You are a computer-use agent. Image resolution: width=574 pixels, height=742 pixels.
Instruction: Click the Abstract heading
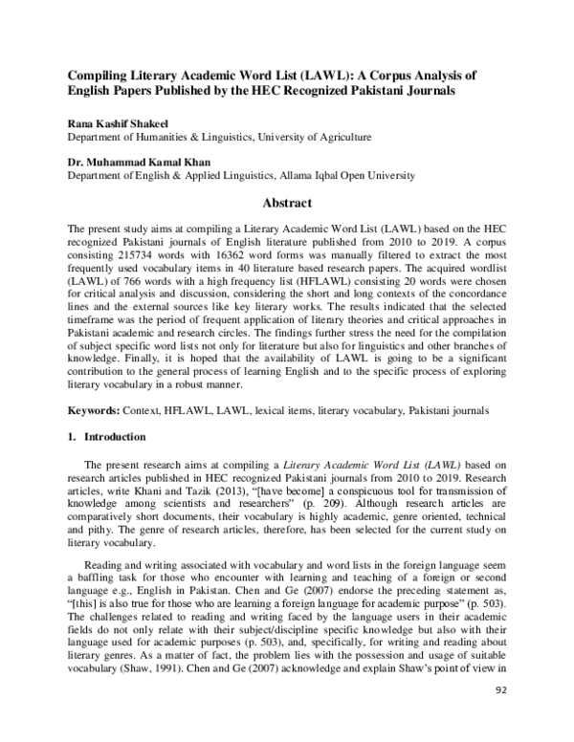[287, 203]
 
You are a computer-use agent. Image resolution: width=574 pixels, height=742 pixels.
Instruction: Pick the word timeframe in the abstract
[96, 322]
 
